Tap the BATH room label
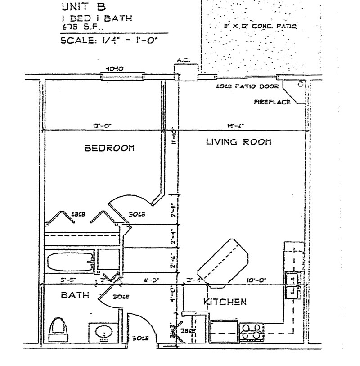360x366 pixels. [75, 295]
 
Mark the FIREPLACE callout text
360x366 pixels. [272, 102]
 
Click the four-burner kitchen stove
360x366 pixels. [252, 331]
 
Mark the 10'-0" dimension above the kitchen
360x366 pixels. [256, 280]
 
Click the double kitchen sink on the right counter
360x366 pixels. [293, 285]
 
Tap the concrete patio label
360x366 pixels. [256, 27]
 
